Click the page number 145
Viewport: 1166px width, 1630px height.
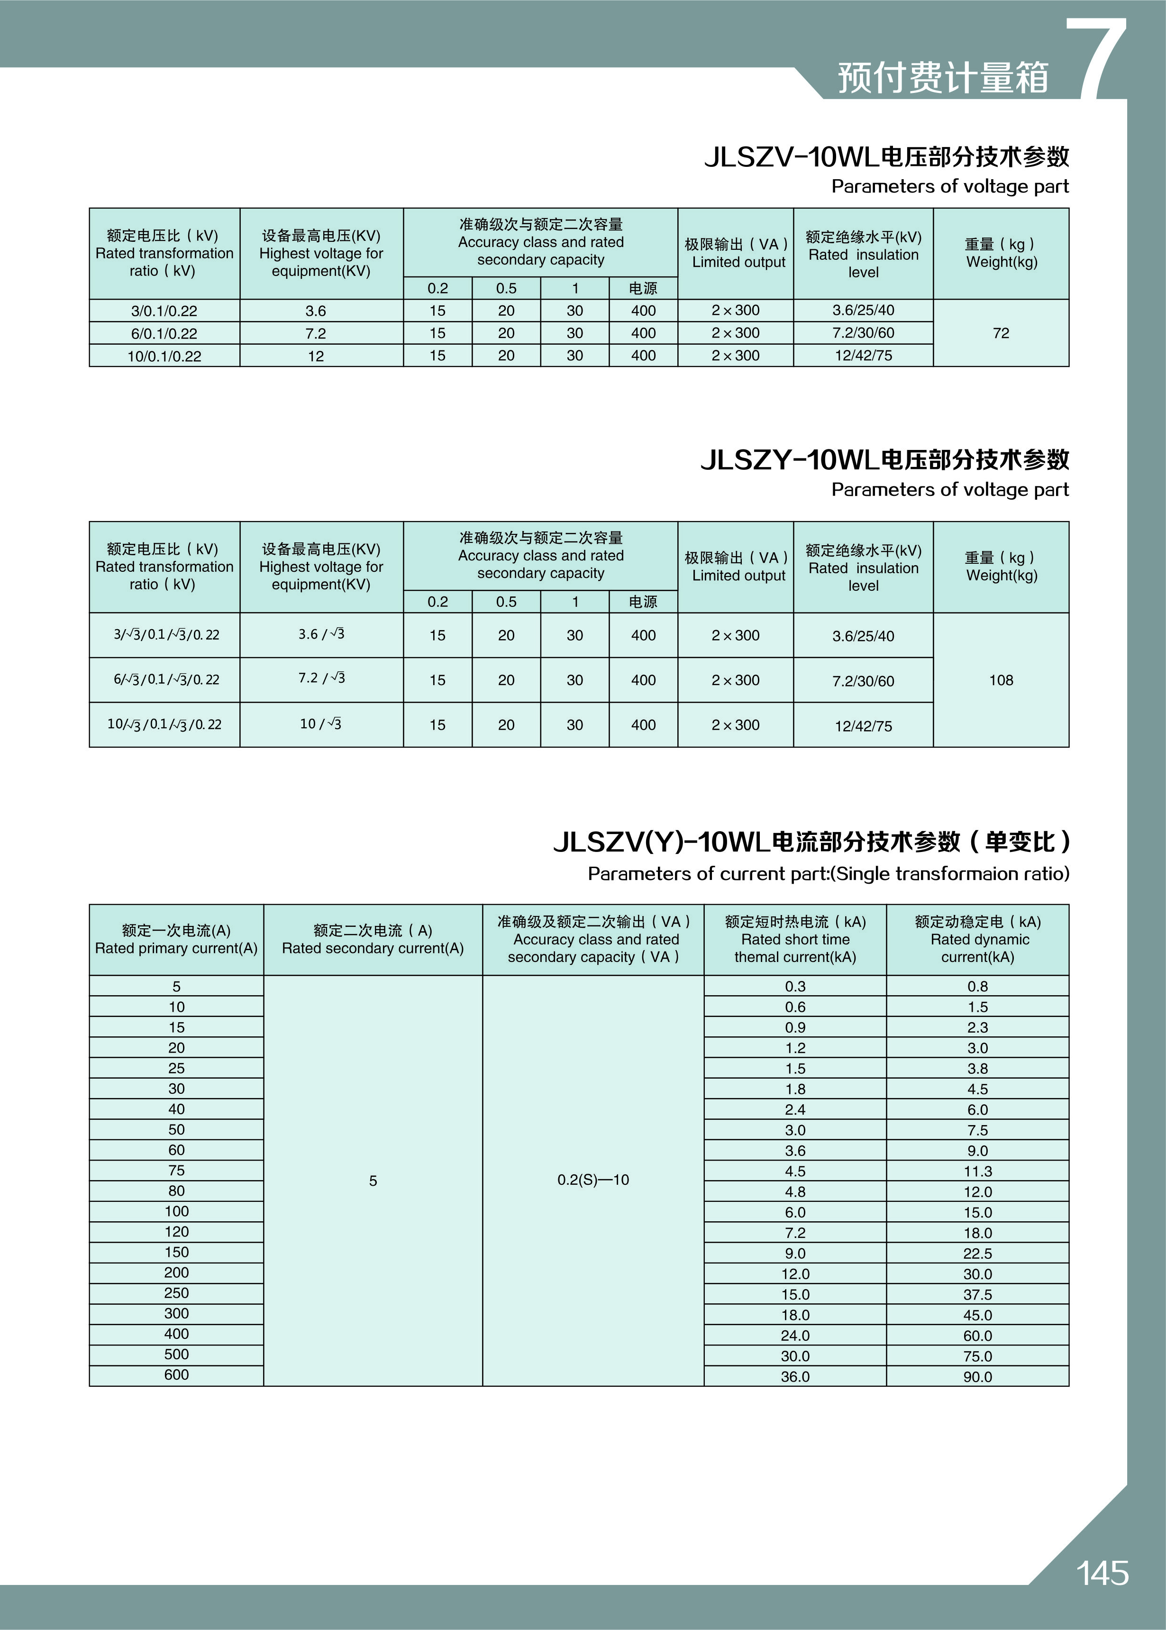pyautogui.click(x=1102, y=1573)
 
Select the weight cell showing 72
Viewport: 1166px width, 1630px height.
pyautogui.click(x=1001, y=333)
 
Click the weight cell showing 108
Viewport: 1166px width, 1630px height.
pyautogui.click(x=1001, y=680)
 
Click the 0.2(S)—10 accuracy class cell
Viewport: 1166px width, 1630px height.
pyautogui.click(x=593, y=1180)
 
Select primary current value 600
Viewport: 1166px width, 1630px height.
pyautogui.click(x=177, y=1374)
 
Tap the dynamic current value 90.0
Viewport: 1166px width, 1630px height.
pyautogui.click(x=977, y=1376)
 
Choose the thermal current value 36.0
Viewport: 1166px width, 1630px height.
pyautogui.click(x=795, y=1376)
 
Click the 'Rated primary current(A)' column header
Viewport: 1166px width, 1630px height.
pyautogui.click(x=177, y=939)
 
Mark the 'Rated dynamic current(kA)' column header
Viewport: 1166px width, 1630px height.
pyautogui.click(x=977, y=939)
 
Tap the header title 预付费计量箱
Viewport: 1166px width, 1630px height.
pyautogui.click(x=943, y=78)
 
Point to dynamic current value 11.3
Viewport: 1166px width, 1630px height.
pyautogui.click(x=977, y=1171)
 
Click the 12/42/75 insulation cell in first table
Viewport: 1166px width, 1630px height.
pyautogui.click(x=863, y=356)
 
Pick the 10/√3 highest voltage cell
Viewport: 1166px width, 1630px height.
pyautogui.click(x=321, y=724)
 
